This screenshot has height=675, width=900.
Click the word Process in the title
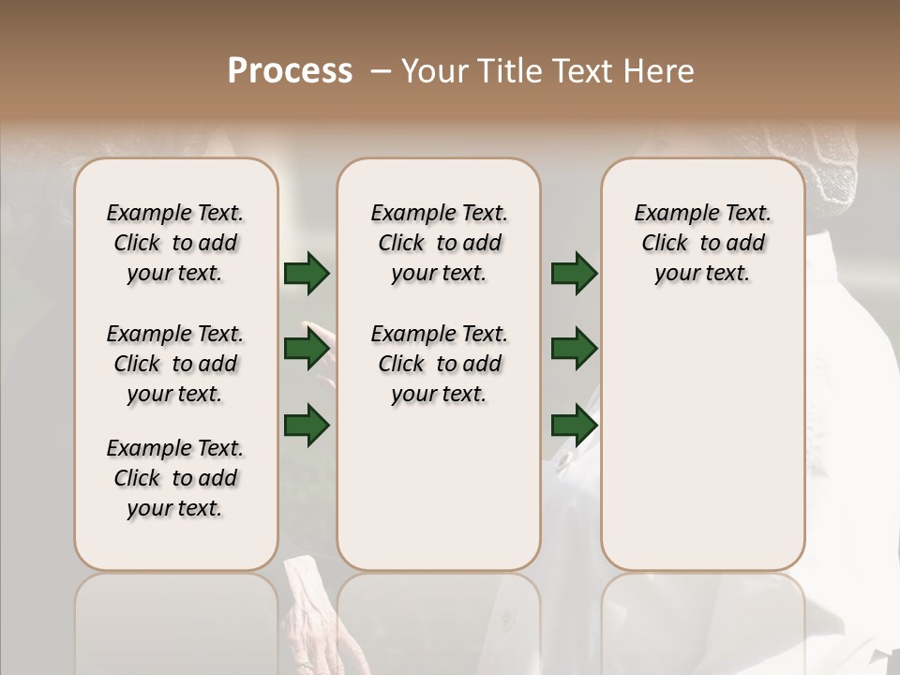click(x=290, y=71)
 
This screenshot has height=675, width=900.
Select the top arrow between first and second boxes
click(x=307, y=274)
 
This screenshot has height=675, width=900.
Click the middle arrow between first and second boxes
click(x=307, y=350)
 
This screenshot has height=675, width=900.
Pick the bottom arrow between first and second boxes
click(x=307, y=425)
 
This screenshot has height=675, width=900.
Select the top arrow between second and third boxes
click(x=574, y=274)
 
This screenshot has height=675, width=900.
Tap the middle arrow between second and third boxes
click(x=574, y=350)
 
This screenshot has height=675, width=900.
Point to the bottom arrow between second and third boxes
click(x=574, y=425)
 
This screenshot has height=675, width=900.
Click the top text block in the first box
click(x=175, y=243)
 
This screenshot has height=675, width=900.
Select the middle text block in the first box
click(x=175, y=364)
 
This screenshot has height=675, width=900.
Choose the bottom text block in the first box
click(x=175, y=478)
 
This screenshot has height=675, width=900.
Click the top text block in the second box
click(x=439, y=243)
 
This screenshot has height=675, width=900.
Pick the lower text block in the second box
click(x=439, y=364)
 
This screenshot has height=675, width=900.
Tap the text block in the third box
click(x=702, y=243)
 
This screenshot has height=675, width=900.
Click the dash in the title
click(x=381, y=71)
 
